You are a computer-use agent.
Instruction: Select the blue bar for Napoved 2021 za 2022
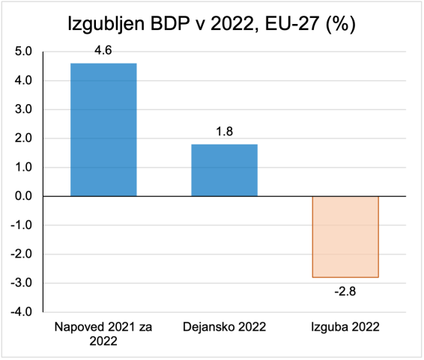103,129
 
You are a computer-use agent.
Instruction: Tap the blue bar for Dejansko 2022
225,170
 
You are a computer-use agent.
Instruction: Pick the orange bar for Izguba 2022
345,237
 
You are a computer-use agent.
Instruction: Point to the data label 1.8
225,132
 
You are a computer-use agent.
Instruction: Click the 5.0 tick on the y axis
24,52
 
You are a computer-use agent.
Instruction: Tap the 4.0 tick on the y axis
24,81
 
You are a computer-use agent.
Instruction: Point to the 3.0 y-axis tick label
24,109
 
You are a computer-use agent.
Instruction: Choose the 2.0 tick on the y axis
24,138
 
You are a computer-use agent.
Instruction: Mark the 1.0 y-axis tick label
24,167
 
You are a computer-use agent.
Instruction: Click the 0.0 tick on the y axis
24,196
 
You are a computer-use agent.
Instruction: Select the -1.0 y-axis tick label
22,225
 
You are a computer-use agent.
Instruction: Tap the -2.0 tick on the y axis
22,254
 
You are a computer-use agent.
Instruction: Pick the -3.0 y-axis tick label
22,283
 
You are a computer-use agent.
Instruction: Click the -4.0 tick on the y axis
22,311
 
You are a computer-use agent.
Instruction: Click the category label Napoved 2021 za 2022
103,333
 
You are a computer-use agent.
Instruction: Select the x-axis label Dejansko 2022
225,327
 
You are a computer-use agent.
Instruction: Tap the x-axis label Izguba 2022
345,327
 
